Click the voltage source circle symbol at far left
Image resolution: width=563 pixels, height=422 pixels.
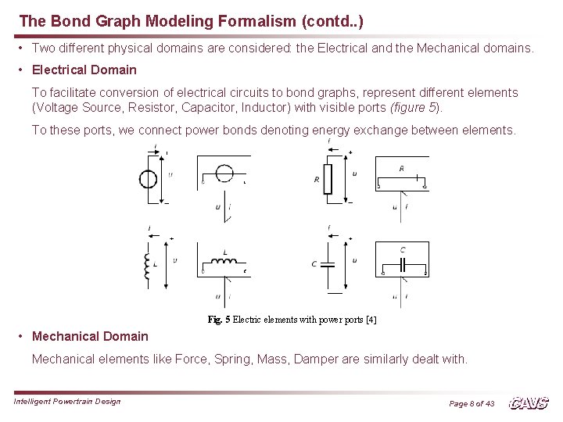[148, 179]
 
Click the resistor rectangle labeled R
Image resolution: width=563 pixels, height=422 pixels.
[327, 179]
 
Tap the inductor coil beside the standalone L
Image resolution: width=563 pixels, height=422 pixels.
[145, 265]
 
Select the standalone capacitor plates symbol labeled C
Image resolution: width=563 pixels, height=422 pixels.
[328, 264]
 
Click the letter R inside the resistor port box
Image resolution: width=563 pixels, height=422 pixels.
[402, 169]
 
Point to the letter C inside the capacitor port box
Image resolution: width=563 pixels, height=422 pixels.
[402, 250]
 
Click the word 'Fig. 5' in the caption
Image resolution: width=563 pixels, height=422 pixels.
[219, 319]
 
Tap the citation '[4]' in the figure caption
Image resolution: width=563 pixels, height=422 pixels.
[371, 319]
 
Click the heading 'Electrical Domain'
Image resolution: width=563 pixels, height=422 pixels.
[84, 70]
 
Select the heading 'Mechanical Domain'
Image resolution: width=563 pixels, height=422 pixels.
[90, 336]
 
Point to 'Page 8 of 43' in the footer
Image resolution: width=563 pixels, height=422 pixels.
[472, 403]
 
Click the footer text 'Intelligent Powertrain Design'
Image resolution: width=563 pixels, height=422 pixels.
[67, 402]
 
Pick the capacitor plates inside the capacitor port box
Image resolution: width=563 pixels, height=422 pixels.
[402, 265]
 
